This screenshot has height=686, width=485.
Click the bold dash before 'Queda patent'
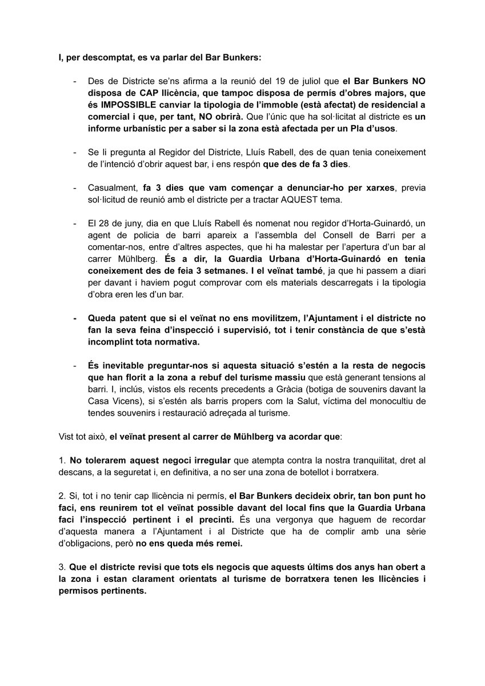tap(74, 317)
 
